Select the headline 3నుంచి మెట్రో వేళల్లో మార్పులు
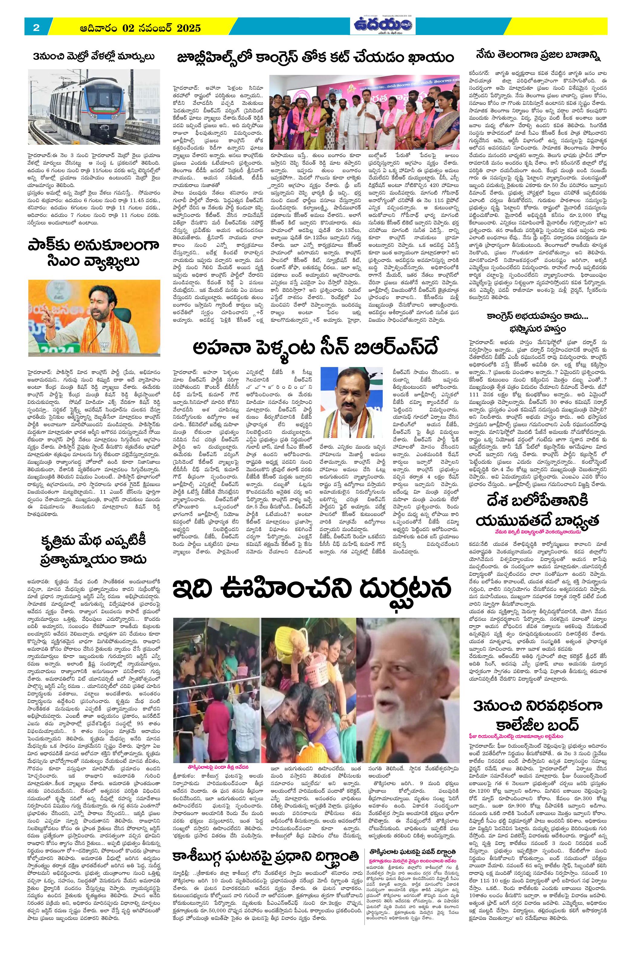coord(94,56)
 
